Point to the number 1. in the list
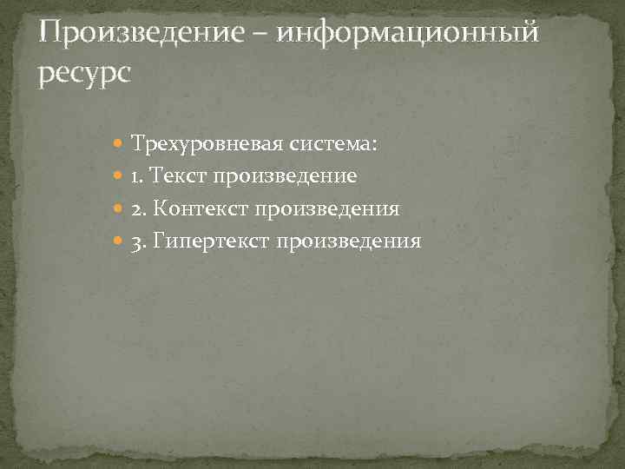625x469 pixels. point(137,176)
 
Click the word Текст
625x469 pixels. point(179,176)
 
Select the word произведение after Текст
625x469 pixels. point(286,176)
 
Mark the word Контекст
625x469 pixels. point(201,208)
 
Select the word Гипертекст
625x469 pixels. point(211,241)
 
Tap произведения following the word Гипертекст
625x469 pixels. point(349,241)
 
